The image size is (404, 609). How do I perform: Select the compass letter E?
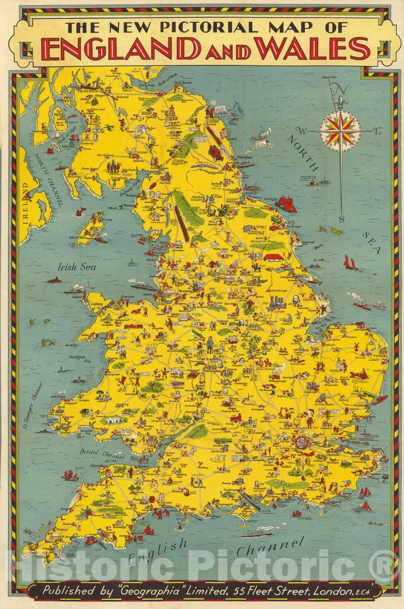[x=377, y=131]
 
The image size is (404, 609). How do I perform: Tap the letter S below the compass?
[x=342, y=219]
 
